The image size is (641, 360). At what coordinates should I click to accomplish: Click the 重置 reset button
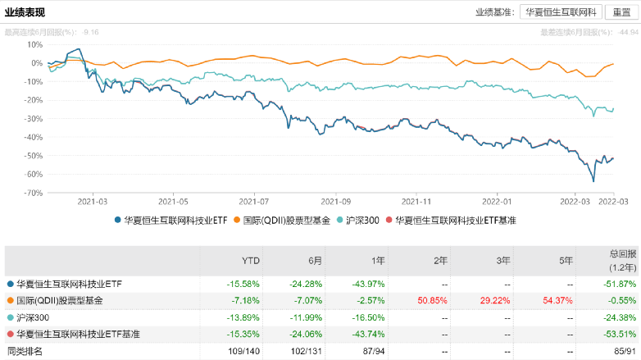pyautogui.click(x=616, y=13)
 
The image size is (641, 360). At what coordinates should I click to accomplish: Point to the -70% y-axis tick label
pyautogui.click(x=34, y=193)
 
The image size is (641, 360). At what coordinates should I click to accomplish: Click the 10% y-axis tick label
pyautogui.click(x=34, y=44)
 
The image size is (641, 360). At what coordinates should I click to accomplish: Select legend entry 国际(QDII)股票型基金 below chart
pyautogui.click(x=286, y=221)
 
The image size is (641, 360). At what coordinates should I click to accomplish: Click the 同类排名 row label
pyautogui.click(x=26, y=352)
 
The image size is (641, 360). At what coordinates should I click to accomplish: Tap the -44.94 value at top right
pyautogui.click(x=628, y=32)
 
